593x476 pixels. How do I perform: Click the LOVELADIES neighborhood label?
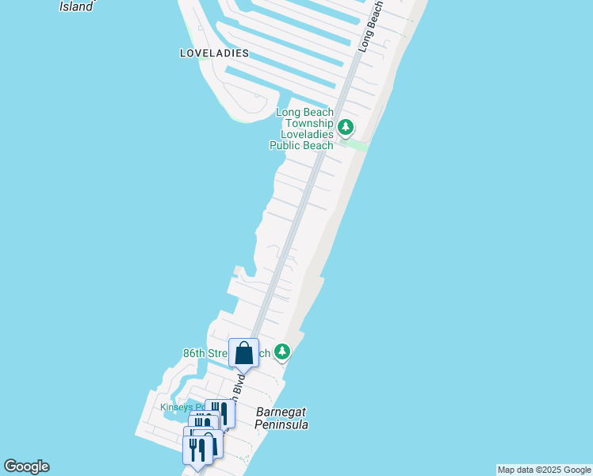click(x=214, y=53)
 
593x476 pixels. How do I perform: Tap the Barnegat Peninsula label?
click(x=281, y=419)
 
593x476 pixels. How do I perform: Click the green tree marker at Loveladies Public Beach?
click(x=346, y=126)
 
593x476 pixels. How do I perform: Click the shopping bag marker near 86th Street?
click(x=244, y=353)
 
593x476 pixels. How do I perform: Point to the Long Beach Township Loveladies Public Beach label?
click(x=304, y=129)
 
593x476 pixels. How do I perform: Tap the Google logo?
click(x=26, y=466)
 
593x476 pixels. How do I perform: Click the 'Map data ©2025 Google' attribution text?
click(x=544, y=470)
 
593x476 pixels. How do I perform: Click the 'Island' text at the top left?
click(x=77, y=6)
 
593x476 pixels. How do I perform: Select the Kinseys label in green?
click(x=176, y=408)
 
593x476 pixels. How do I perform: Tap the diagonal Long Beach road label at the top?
click(x=373, y=28)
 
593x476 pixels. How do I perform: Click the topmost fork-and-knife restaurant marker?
click(x=220, y=413)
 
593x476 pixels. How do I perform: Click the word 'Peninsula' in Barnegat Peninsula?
click(x=281, y=425)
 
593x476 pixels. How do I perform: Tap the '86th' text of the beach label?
click(x=194, y=351)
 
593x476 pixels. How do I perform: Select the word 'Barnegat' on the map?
click(x=281, y=413)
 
